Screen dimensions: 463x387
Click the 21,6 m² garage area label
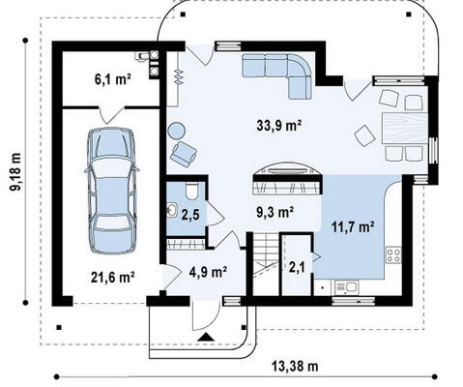point(112,278)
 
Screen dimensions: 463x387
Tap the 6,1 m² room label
point(112,79)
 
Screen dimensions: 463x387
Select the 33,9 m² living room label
point(279,125)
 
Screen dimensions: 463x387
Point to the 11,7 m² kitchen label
point(353,227)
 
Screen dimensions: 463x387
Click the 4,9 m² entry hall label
point(208,272)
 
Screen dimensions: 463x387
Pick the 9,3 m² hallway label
point(275,212)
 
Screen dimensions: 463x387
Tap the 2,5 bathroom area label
point(189,216)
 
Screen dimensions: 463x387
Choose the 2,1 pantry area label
point(297,267)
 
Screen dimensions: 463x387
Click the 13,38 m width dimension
point(295,367)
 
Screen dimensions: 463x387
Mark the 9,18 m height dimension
point(15,171)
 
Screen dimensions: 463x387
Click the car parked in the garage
point(112,191)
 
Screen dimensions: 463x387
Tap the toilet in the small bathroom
point(193,192)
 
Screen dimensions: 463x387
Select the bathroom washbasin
point(172,211)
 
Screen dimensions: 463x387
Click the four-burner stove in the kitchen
point(393,254)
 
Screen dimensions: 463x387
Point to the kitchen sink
point(346,286)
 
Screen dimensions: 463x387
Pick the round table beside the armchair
point(177,132)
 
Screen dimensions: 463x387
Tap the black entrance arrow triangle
point(206,338)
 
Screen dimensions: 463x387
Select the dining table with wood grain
point(405,128)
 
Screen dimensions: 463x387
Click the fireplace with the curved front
point(288,178)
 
